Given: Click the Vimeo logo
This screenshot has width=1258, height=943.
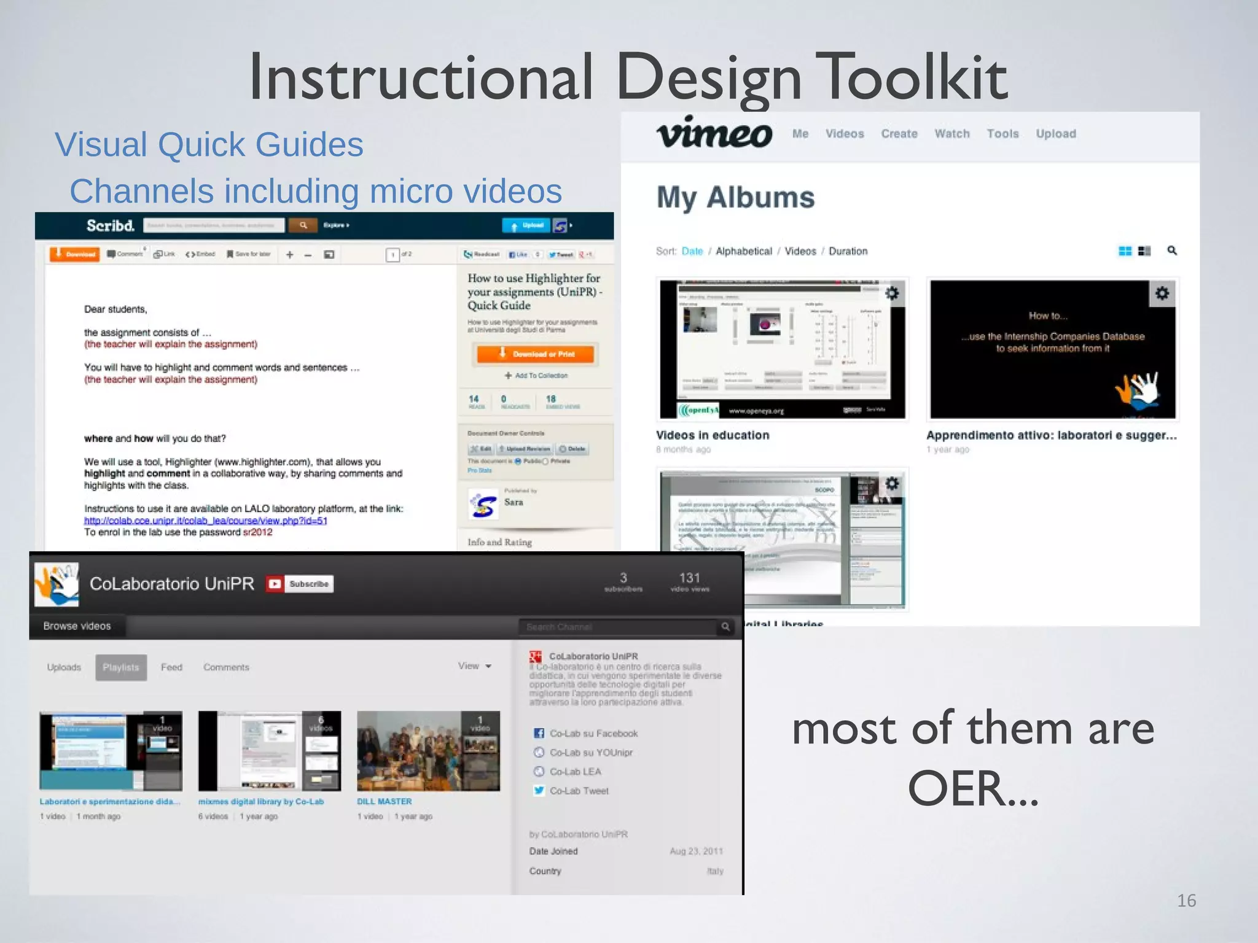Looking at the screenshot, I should click(x=714, y=133).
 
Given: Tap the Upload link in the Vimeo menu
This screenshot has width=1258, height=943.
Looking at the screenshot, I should click(x=1055, y=134).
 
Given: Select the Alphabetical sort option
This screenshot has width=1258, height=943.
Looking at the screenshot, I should click(x=743, y=251).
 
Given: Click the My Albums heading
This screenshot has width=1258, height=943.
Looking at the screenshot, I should click(x=735, y=198).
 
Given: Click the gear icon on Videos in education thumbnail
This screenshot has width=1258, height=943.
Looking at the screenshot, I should click(x=892, y=293).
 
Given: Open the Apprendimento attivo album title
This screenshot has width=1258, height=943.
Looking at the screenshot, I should click(x=1051, y=435).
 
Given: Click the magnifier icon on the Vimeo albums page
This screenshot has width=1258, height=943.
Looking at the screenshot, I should click(x=1172, y=250).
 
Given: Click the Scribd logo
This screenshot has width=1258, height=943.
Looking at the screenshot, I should click(x=110, y=226).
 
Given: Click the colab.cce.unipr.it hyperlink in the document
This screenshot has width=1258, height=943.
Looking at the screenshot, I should click(x=205, y=521).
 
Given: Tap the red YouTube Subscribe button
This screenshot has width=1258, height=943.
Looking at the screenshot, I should click(x=300, y=584).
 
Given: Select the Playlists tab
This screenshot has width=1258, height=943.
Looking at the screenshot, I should click(x=121, y=667).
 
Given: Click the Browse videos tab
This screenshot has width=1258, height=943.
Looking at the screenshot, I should click(x=77, y=626).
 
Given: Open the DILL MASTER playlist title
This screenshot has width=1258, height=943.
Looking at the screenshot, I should click(x=385, y=801).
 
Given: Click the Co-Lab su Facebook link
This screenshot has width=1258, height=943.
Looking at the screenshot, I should click(x=593, y=734).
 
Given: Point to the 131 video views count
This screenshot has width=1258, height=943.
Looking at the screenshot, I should click(x=689, y=581).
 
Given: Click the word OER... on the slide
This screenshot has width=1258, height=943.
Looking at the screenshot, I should click(x=973, y=789).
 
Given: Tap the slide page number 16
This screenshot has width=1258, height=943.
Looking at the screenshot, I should click(x=1186, y=901).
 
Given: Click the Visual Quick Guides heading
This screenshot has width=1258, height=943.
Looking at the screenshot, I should click(x=209, y=145).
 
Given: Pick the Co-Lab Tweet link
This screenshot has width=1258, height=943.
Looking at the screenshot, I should click(x=578, y=791).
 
